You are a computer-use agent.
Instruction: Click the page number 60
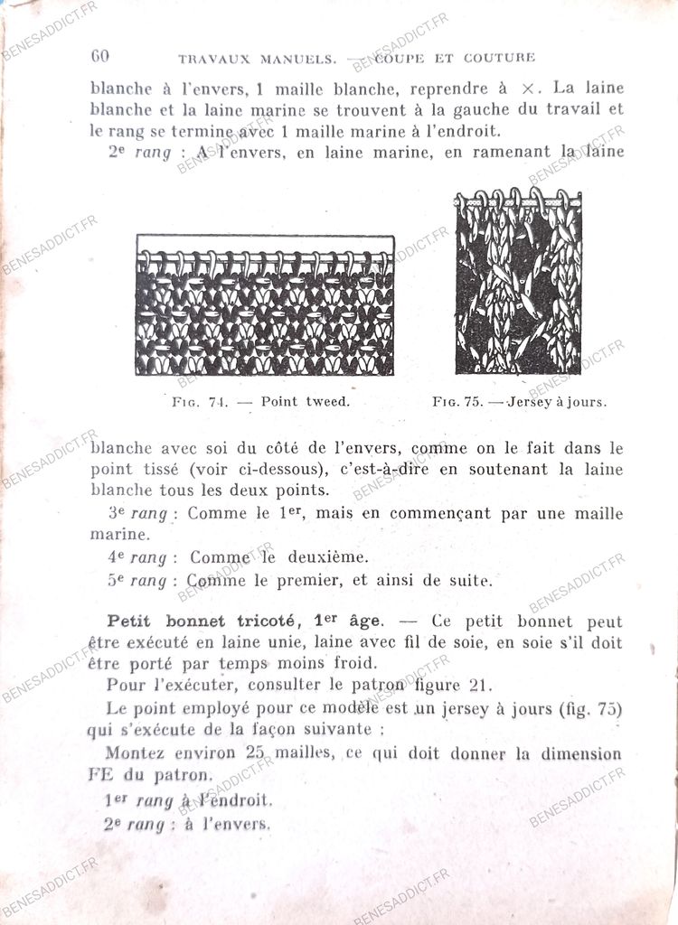click(99, 56)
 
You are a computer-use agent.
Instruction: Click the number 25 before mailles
click(257, 753)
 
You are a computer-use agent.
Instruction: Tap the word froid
click(353, 662)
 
